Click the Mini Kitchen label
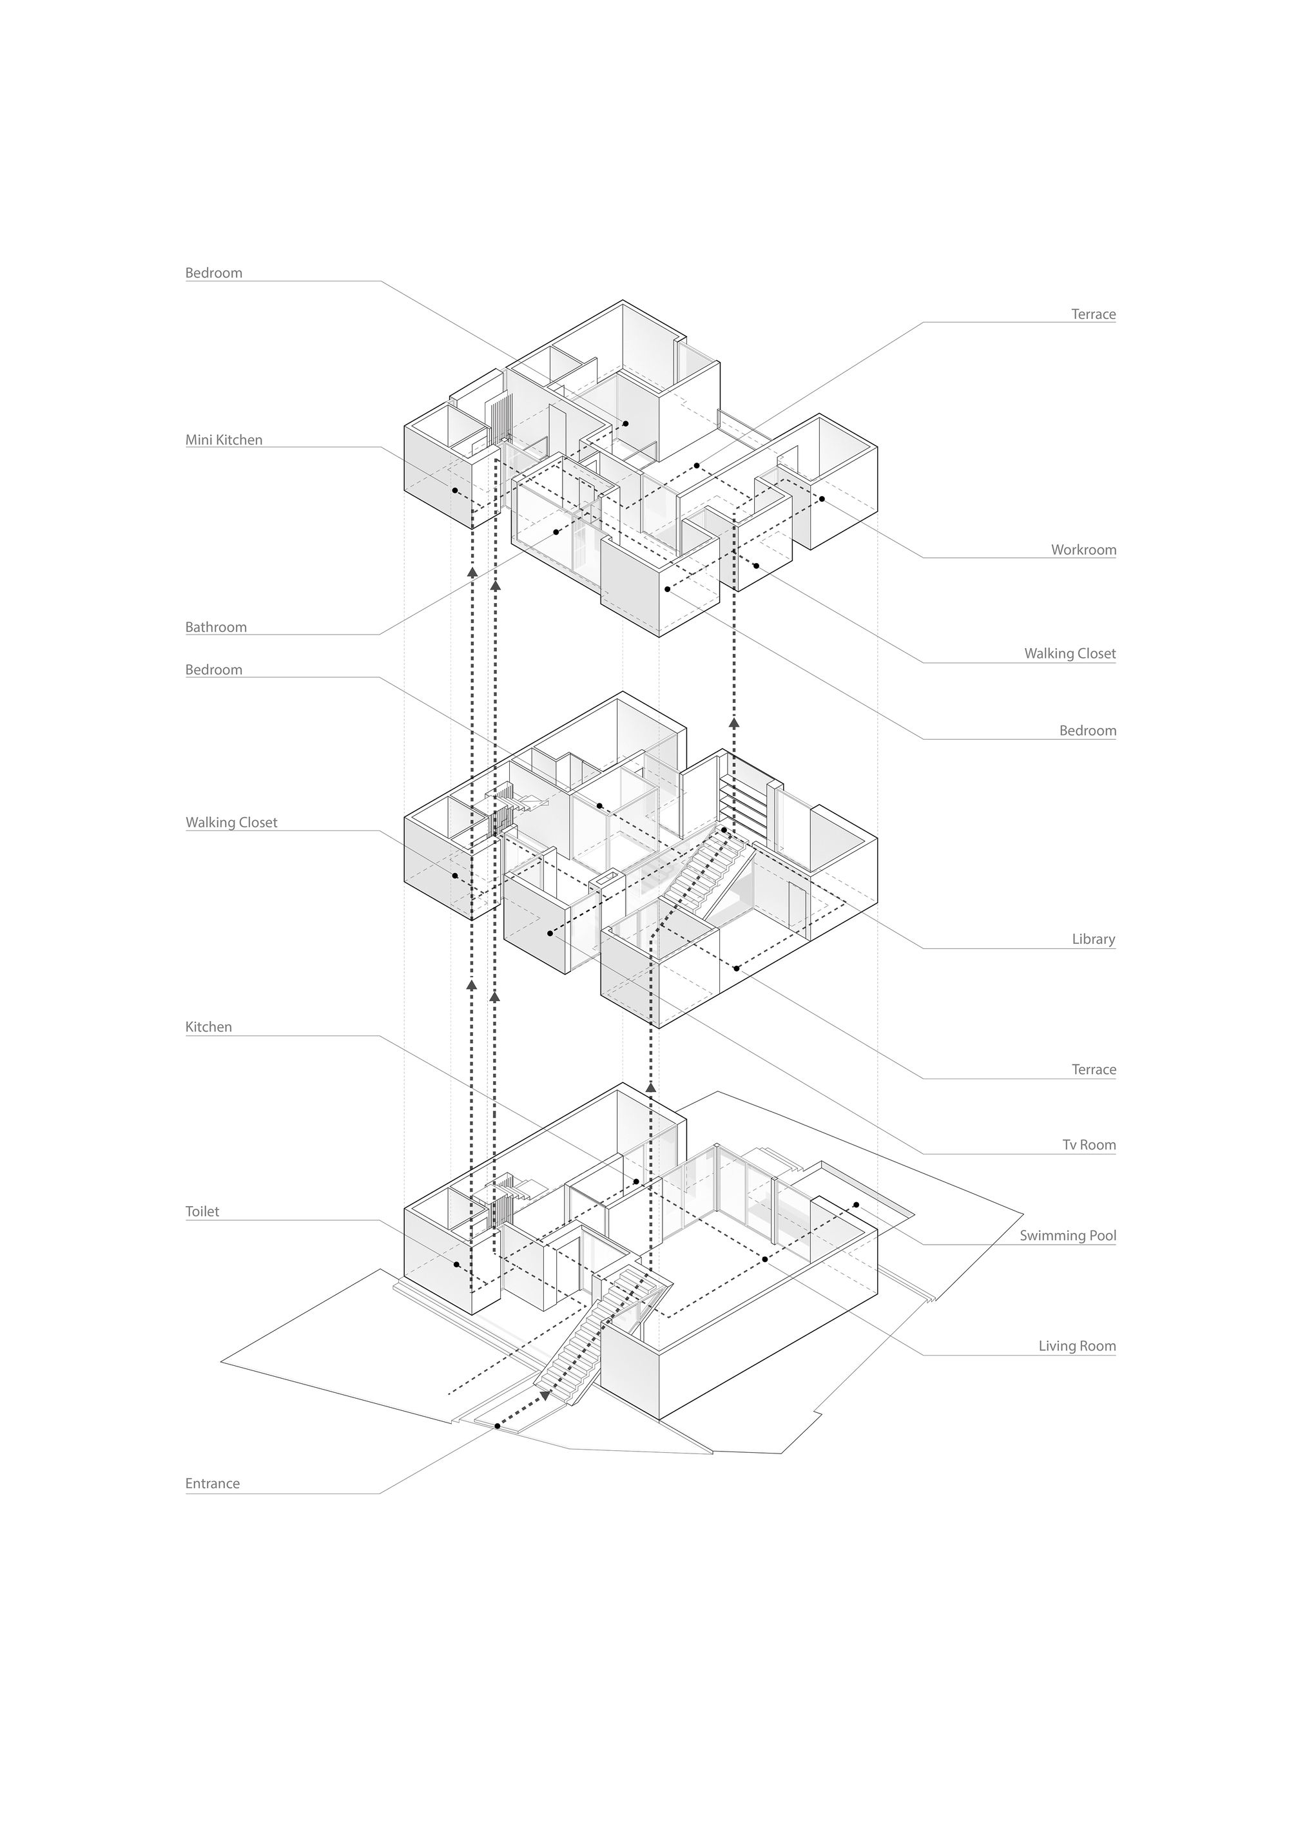(x=224, y=439)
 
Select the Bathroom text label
(x=216, y=627)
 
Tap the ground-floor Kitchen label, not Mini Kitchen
(x=209, y=1027)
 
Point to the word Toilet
(x=202, y=1212)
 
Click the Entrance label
(x=212, y=1483)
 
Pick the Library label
(x=1093, y=939)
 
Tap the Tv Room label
(x=1089, y=1144)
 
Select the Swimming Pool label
(x=1067, y=1235)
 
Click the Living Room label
(x=1077, y=1346)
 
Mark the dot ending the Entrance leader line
(x=498, y=1426)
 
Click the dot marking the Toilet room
(x=456, y=1265)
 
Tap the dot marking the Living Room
(x=764, y=1260)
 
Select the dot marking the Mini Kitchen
(x=455, y=490)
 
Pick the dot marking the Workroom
(x=822, y=499)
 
